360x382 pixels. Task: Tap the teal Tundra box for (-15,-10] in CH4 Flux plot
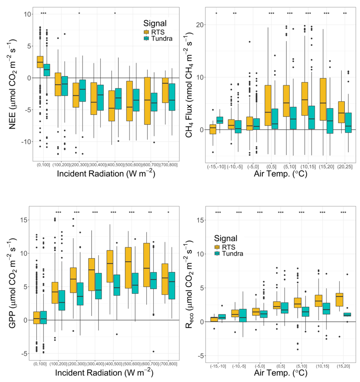click(220, 120)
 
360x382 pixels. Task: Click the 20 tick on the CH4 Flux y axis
click(201, 25)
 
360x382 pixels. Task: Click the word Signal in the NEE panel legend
click(157, 22)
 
